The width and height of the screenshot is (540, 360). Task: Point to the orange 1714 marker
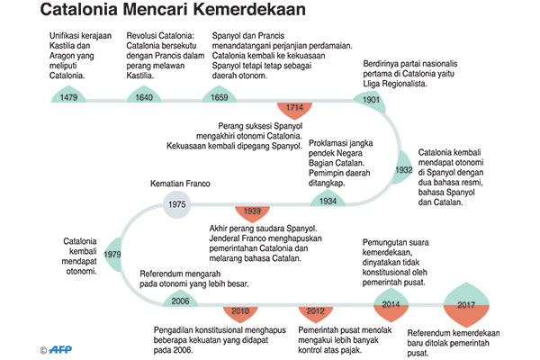(x=294, y=107)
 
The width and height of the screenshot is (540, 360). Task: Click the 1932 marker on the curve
(x=403, y=168)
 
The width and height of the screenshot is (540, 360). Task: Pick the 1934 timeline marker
(x=328, y=200)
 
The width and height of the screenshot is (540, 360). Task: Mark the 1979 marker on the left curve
(x=112, y=255)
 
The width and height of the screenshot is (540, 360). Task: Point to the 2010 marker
(x=239, y=311)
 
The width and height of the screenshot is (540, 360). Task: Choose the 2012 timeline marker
(x=315, y=311)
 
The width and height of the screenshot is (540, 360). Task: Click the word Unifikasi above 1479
(x=66, y=35)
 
